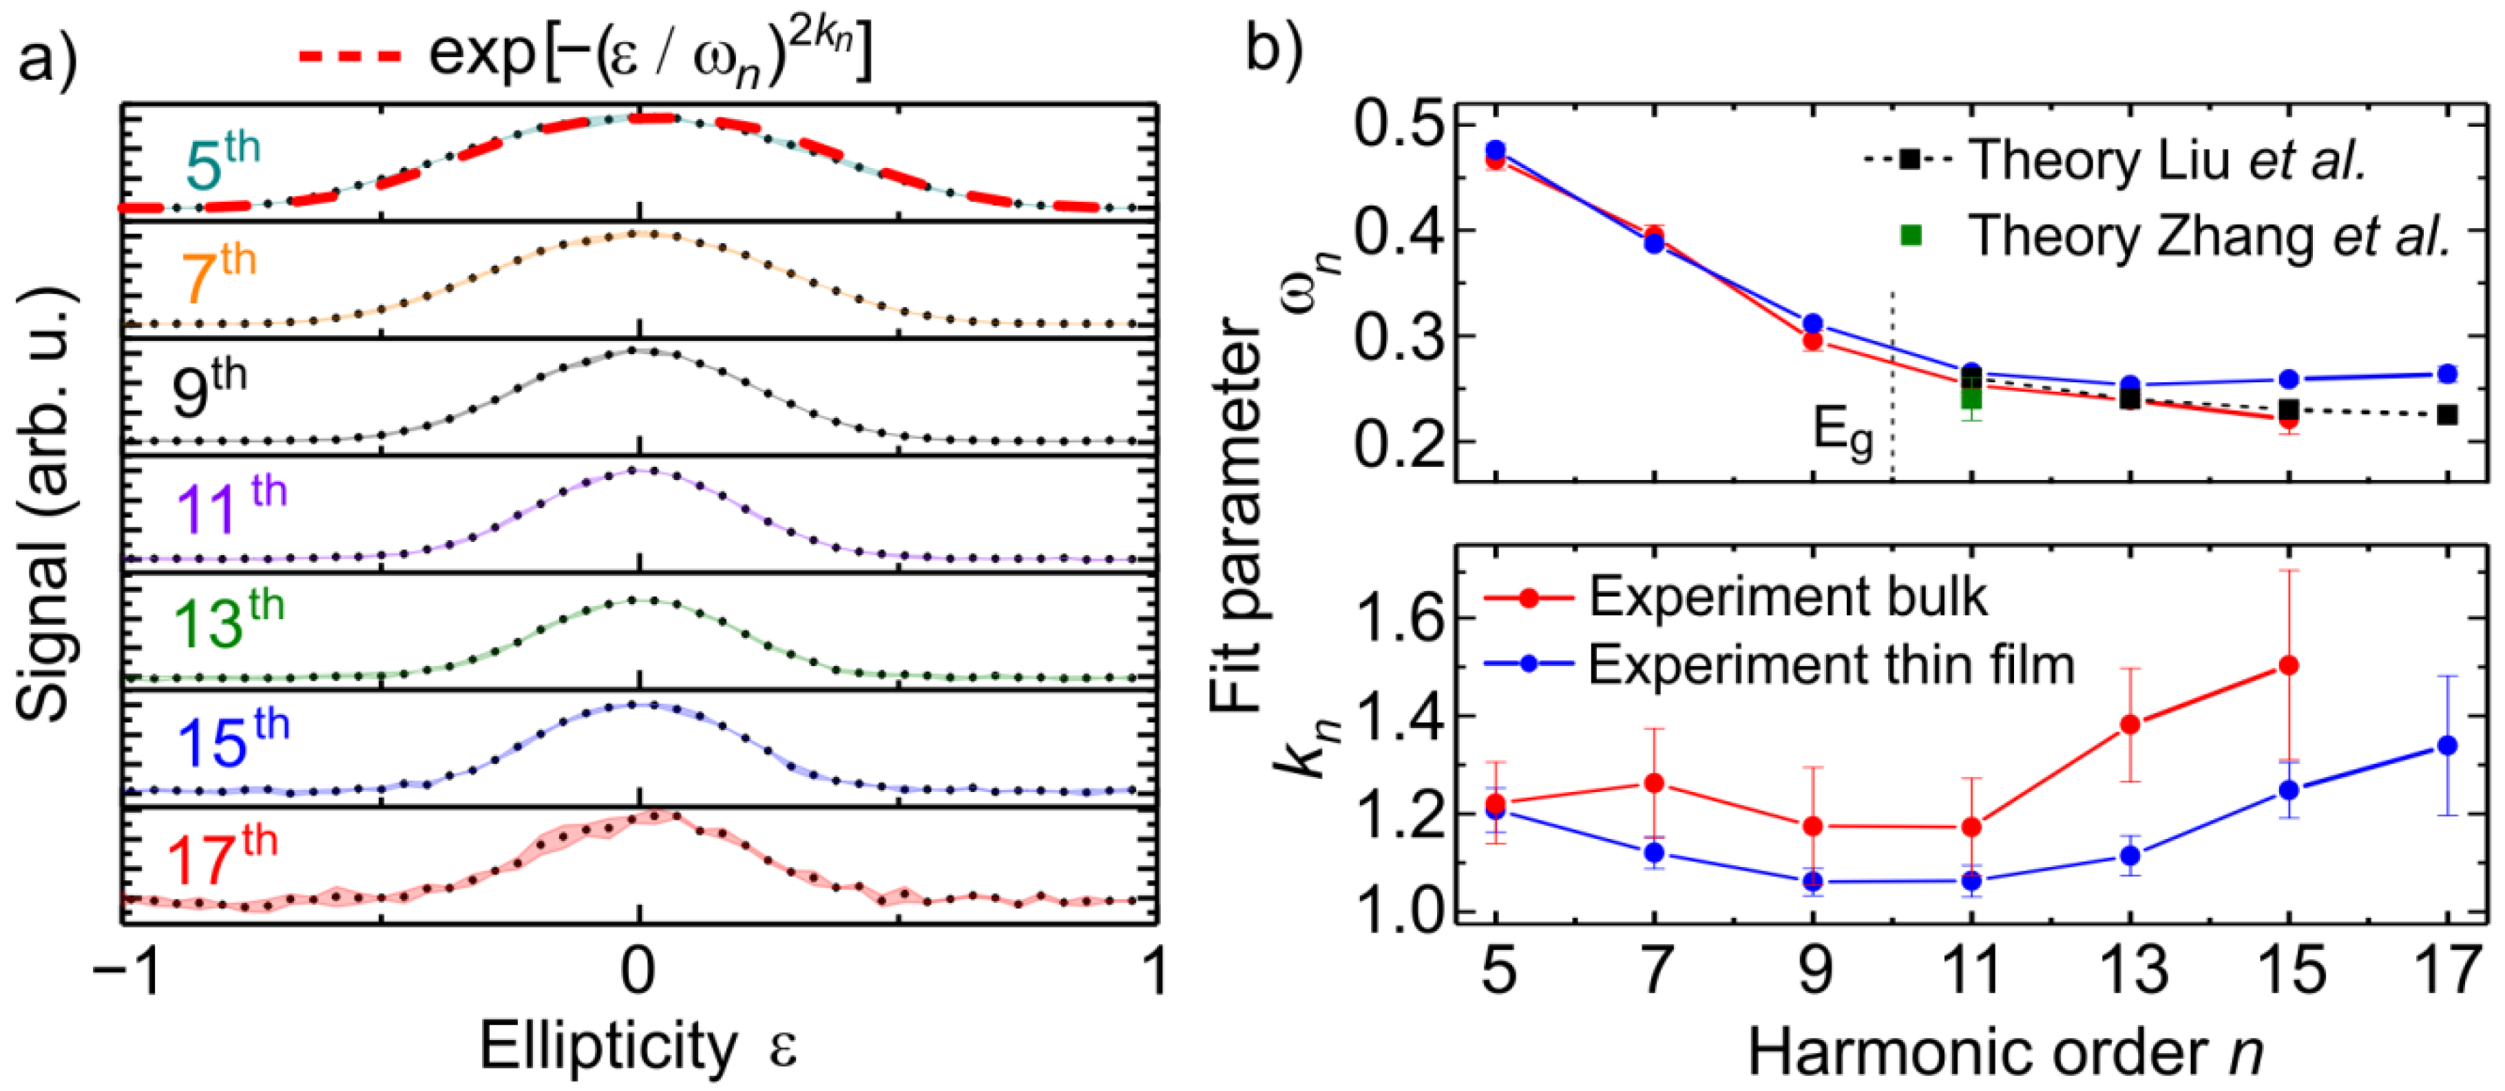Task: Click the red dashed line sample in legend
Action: (x=349, y=57)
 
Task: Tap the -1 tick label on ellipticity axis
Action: (x=127, y=970)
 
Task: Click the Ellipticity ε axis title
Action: (x=638, y=1048)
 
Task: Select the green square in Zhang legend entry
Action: (x=1911, y=234)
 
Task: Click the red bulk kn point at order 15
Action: (x=2289, y=665)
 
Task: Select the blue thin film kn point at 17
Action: (x=2448, y=745)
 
